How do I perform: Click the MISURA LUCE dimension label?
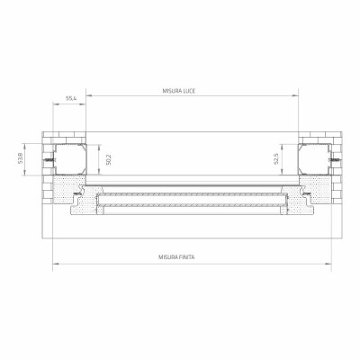(x=179, y=91)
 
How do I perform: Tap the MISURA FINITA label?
(x=176, y=257)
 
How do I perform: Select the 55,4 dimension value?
(x=71, y=98)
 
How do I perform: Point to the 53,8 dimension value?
(x=21, y=158)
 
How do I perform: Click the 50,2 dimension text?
(x=109, y=159)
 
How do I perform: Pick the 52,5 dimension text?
(x=276, y=158)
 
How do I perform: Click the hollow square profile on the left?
(x=70, y=159)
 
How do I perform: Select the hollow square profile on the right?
(x=315, y=159)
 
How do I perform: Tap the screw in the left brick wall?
(x=49, y=160)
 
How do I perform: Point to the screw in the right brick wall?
(x=336, y=160)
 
